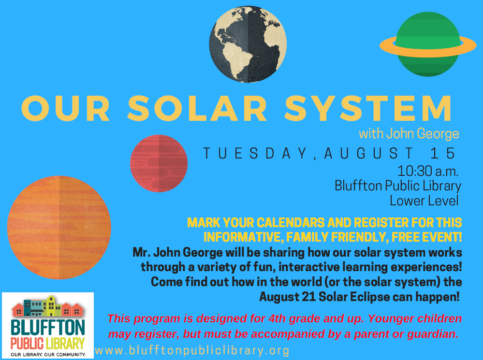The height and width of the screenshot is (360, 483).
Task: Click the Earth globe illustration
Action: pyautogui.click(x=248, y=44)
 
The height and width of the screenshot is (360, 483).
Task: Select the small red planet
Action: pyautogui.click(x=159, y=163)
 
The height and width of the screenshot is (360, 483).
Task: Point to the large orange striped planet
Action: pyautogui.click(x=59, y=228)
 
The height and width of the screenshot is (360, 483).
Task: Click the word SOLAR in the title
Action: pyautogui.click(x=197, y=108)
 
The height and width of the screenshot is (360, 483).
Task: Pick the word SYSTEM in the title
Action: pyautogui.click(x=368, y=108)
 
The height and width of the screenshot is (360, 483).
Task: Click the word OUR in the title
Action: pyautogui.click(x=65, y=108)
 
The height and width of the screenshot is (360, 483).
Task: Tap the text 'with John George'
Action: pyautogui.click(x=409, y=134)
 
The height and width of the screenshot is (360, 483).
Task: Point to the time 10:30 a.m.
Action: pyautogui.click(x=427, y=171)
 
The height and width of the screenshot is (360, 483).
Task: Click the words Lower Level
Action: pyautogui.click(x=424, y=201)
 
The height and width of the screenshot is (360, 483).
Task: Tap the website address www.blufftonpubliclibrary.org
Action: pyautogui.click(x=192, y=350)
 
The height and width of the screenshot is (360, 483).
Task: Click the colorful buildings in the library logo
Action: pyautogui.click(x=48, y=306)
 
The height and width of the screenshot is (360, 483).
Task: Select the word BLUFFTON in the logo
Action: pyautogui.click(x=48, y=328)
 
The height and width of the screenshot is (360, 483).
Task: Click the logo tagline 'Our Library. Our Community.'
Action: pyautogui.click(x=48, y=355)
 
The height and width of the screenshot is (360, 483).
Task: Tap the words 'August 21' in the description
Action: pyautogui.click(x=287, y=297)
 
